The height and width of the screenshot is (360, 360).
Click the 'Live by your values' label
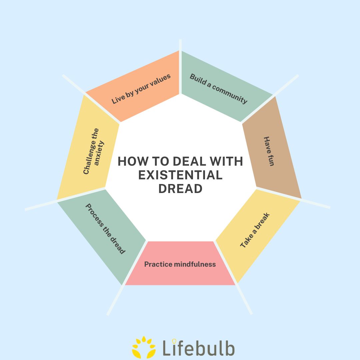click(x=141, y=89)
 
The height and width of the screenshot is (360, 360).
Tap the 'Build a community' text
click(x=219, y=89)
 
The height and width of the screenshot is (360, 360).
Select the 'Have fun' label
click(x=269, y=151)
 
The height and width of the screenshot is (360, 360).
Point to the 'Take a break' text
click(x=255, y=230)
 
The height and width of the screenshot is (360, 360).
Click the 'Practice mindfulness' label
click(x=180, y=264)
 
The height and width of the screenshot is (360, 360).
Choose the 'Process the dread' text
click(x=105, y=229)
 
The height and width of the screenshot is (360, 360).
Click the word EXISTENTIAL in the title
click(x=180, y=175)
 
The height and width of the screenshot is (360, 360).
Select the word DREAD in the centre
click(x=180, y=189)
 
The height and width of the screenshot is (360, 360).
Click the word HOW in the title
click(x=131, y=162)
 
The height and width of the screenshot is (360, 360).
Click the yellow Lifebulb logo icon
click(x=144, y=347)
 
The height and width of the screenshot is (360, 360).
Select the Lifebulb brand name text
click(x=199, y=348)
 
